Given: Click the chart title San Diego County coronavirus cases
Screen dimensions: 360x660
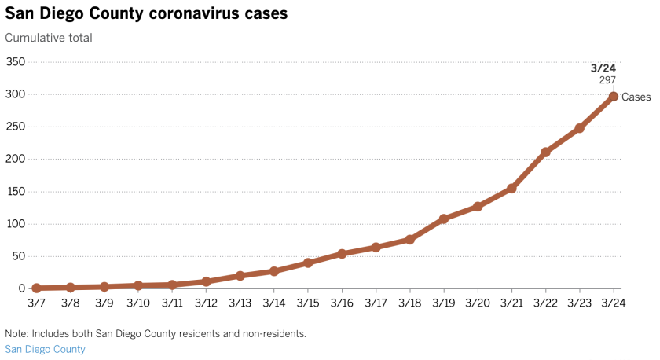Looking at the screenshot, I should coord(146,13).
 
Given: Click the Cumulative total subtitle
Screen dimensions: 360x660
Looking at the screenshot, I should coord(49,38).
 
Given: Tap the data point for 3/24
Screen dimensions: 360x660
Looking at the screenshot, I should coord(613,97).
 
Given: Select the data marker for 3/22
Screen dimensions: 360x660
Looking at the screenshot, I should coord(545,152).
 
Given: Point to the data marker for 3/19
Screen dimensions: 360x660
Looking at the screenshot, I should coord(444,219).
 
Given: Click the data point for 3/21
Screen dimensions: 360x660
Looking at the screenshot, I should coord(511,188).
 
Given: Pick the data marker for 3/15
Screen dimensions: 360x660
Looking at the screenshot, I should coord(308,263).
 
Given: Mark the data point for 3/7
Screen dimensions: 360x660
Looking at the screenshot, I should coord(36,288).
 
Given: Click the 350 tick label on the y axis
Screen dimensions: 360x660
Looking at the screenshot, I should coord(16,62).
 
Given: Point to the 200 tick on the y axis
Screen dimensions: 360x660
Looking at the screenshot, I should coord(16,159).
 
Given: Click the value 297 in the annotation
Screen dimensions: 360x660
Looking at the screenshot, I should coord(607,80).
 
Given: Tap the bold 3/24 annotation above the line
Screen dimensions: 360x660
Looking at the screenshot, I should coord(605,68).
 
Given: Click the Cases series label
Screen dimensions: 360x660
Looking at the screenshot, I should coord(636,97).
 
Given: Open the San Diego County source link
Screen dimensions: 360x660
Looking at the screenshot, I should coord(45,349).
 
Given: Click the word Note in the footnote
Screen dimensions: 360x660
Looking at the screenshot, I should coord(16,333).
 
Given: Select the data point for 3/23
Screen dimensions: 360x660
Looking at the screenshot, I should coord(579,128).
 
